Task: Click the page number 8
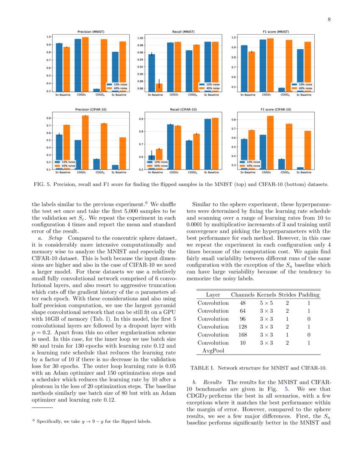click(x=329, y=19)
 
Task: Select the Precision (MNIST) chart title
click(x=91, y=32)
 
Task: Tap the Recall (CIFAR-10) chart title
click(x=183, y=109)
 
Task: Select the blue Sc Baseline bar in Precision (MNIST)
click(x=116, y=71)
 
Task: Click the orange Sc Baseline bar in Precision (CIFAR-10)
click(x=122, y=153)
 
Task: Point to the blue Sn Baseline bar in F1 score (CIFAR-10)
click(x=244, y=154)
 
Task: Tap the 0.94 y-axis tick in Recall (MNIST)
click(x=140, y=60)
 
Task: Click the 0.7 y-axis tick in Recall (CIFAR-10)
click(x=141, y=144)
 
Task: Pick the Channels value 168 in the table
click(x=242, y=335)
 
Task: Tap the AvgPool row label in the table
click(x=213, y=351)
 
